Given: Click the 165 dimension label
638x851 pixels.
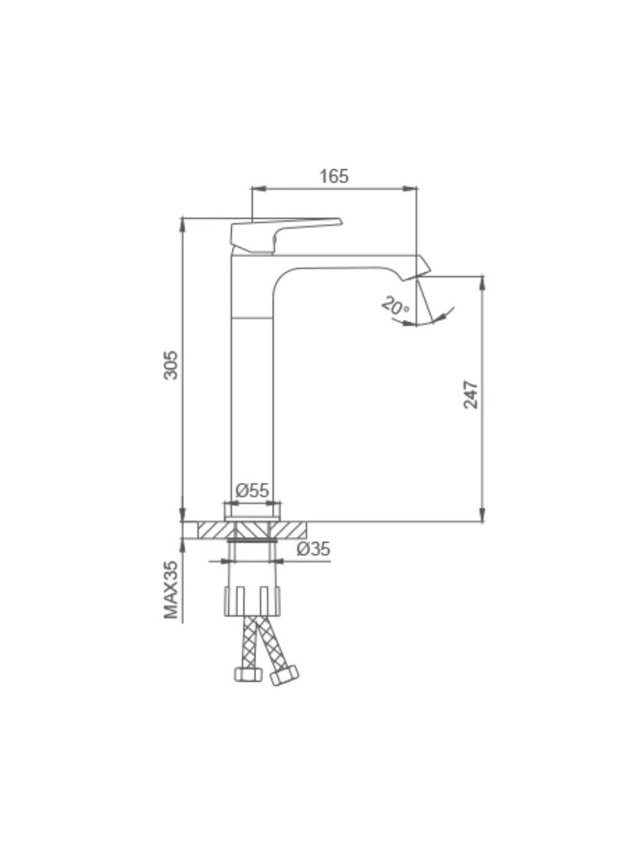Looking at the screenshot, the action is tap(334, 176).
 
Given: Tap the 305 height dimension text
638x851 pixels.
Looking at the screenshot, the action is tap(171, 365).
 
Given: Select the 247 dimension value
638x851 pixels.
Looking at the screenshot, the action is tap(471, 395).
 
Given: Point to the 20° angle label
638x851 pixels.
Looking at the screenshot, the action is tap(395, 306).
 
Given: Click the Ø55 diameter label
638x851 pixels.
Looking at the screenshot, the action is tap(252, 491).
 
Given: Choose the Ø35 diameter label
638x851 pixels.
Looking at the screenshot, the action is tap(314, 549).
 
